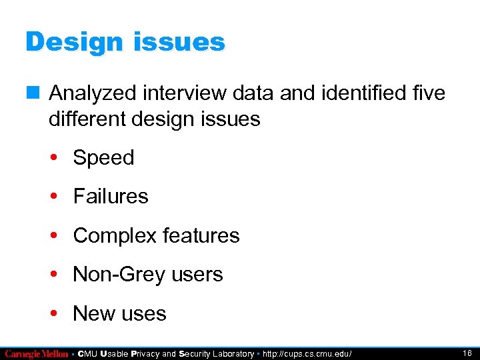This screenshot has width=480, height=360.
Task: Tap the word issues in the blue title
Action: (181, 43)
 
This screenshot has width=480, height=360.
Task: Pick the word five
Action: (427, 93)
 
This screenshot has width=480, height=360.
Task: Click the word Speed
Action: (103, 158)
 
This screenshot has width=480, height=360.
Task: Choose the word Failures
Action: (111, 197)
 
